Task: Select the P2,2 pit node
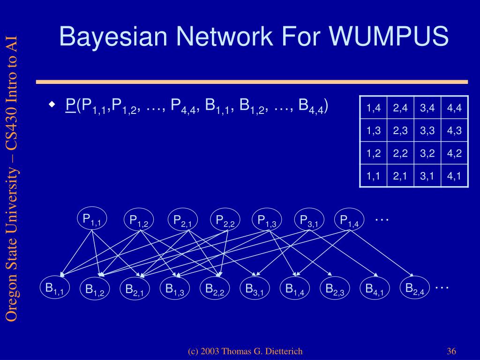click(225, 220)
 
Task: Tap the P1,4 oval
click(349, 220)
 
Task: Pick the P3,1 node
click(309, 220)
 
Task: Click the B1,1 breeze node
click(54, 288)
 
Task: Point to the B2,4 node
click(415, 288)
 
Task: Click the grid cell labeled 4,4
click(454, 108)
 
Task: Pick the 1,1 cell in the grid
click(373, 176)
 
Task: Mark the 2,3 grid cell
click(400, 131)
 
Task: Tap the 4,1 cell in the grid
click(454, 176)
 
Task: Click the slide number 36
click(452, 352)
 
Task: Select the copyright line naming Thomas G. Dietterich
click(245, 352)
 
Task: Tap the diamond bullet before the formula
click(52, 104)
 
